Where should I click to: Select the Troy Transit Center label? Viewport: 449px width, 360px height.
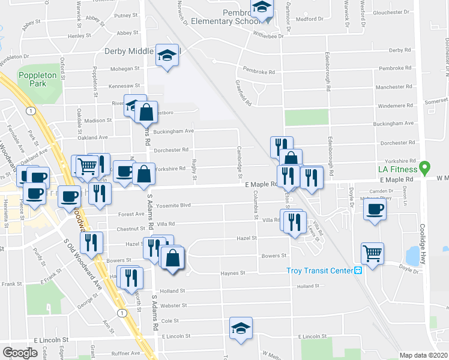(x=320, y=271)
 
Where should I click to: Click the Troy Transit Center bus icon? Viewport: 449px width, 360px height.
(x=358, y=271)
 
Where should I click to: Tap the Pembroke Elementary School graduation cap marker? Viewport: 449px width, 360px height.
(x=262, y=8)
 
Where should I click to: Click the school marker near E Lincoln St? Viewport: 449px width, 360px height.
(x=241, y=328)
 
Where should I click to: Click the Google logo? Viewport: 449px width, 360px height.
(x=20, y=352)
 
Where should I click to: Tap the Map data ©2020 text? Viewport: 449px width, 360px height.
(x=424, y=355)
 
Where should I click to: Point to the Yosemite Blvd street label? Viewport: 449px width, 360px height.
(x=174, y=205)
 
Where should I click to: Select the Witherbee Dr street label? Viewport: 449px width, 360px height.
(x=268, y=36)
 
